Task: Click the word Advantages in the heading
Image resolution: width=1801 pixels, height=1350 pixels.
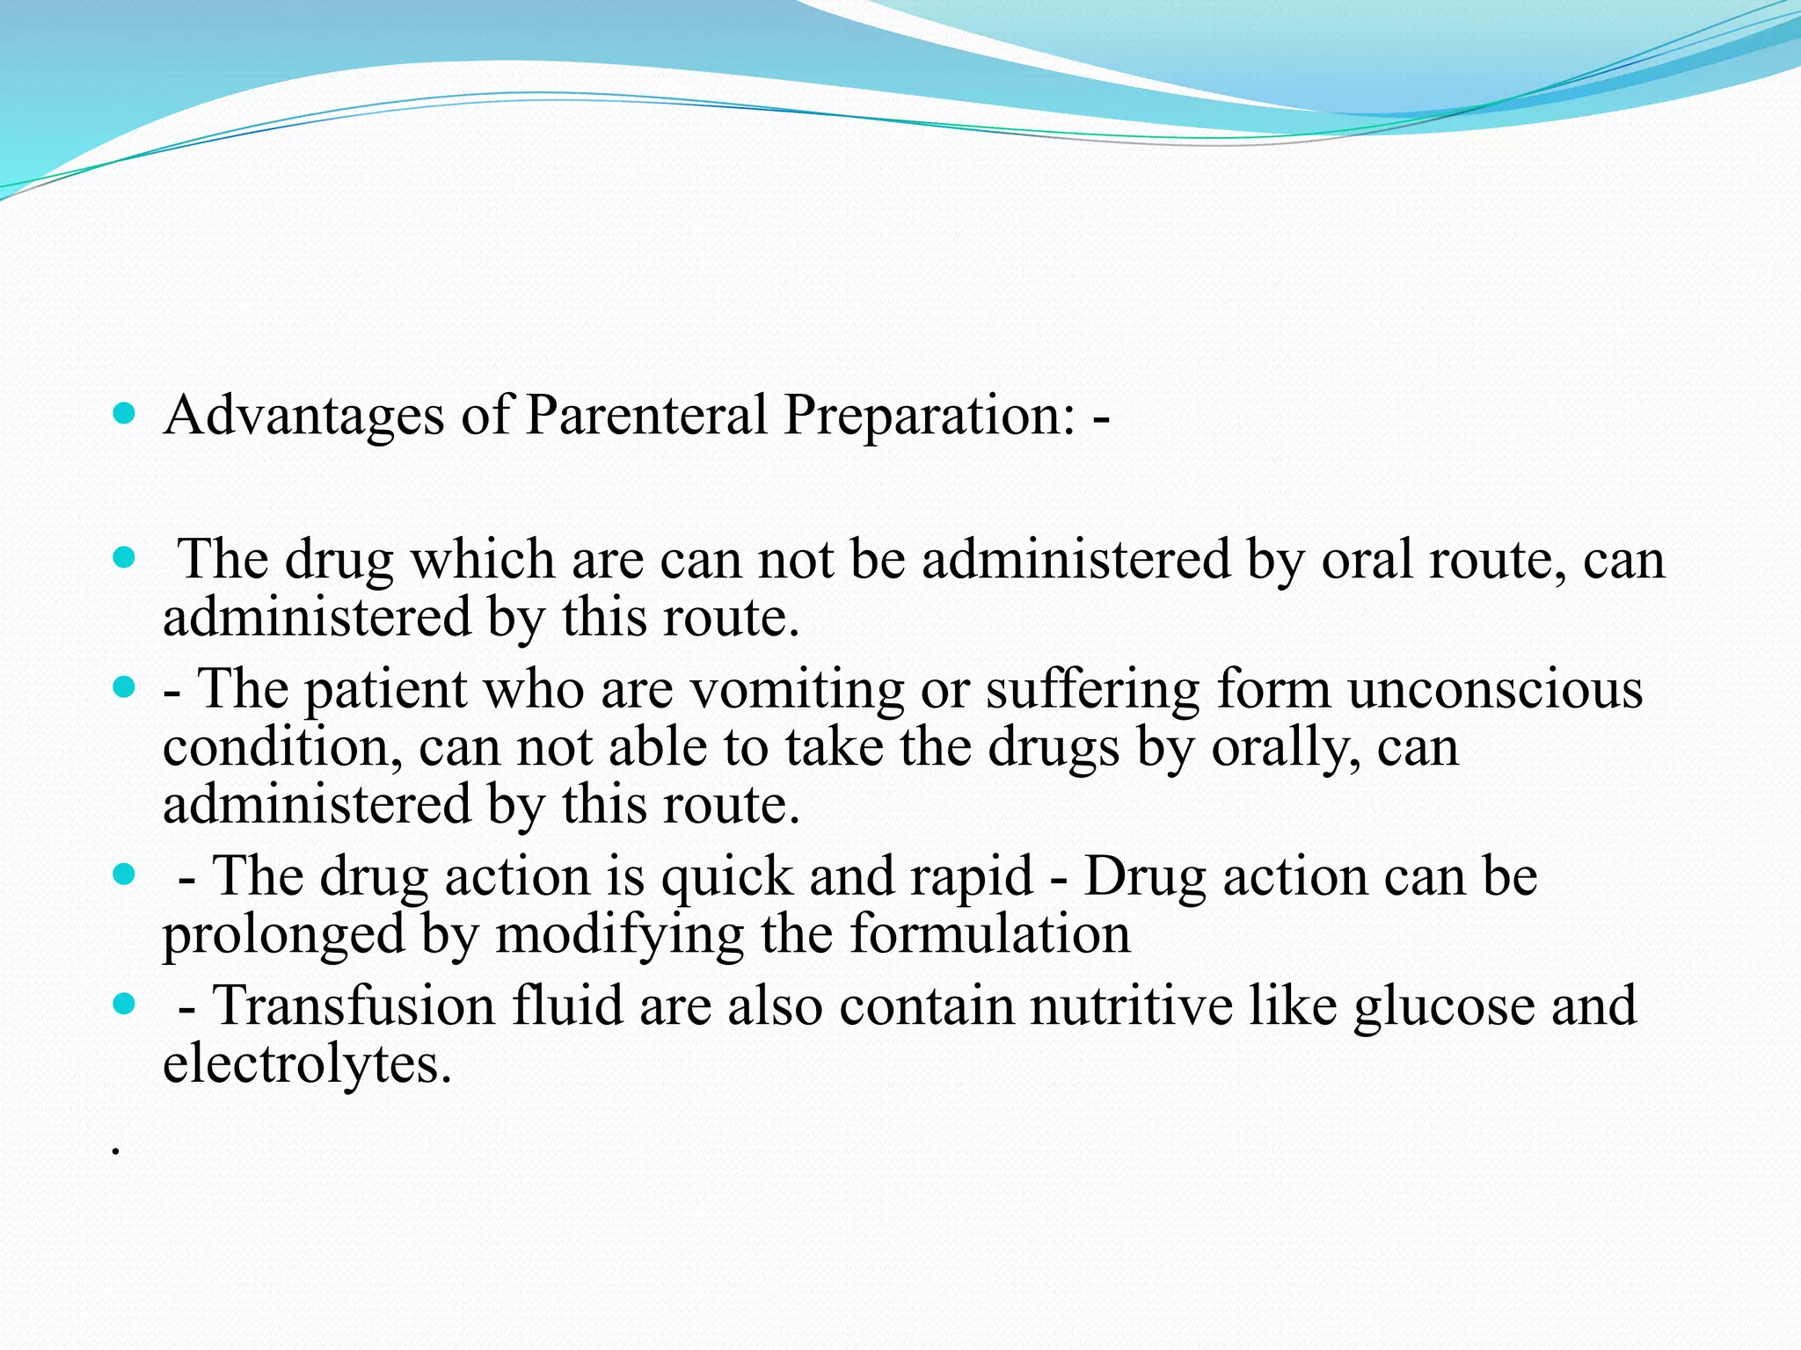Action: (x=303, y=415)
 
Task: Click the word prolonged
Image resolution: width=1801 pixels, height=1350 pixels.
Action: (x=283, y=935)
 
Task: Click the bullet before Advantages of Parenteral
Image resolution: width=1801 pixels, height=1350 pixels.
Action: (x=125, y=413)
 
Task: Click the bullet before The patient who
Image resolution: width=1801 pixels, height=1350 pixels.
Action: (x=125, y=686)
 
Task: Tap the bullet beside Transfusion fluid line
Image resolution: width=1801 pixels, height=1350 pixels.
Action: (x=125, y=1003)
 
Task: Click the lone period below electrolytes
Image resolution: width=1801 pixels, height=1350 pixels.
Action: (x=115, y=1152)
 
